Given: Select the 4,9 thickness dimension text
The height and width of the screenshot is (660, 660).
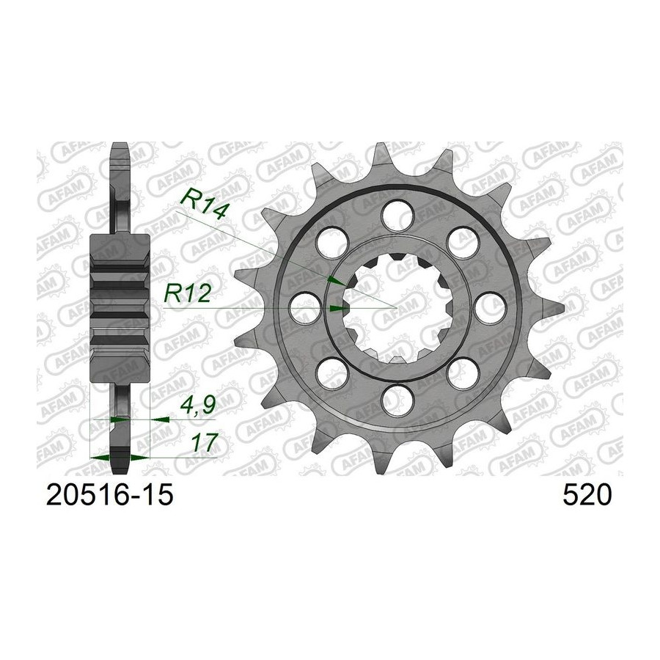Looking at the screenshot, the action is (x=198, y=405).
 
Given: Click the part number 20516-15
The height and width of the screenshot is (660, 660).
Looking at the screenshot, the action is (x=109, y=495).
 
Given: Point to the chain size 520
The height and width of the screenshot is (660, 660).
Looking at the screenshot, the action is (x=587, y=495).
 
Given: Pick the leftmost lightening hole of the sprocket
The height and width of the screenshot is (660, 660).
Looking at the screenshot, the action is (x=305, y=308).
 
